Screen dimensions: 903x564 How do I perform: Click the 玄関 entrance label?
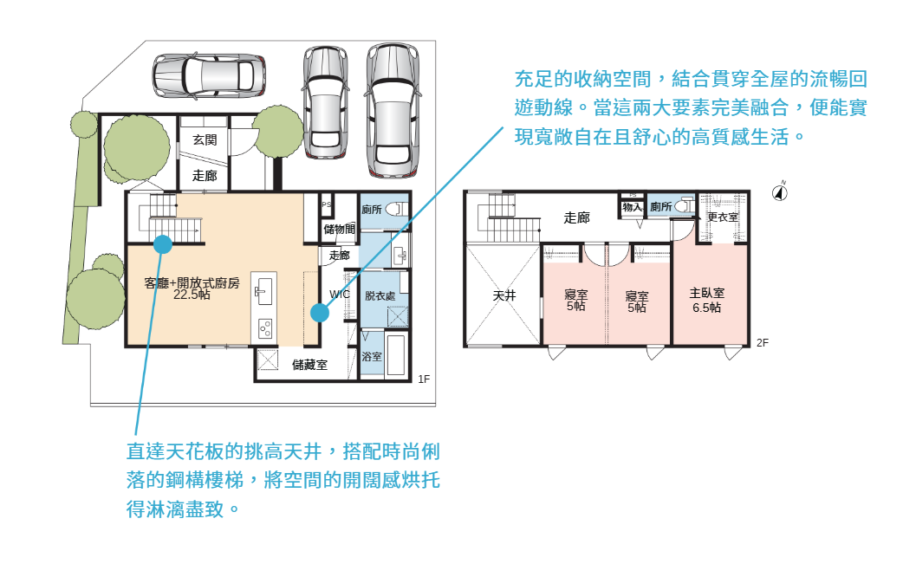205,139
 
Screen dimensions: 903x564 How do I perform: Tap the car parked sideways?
209,75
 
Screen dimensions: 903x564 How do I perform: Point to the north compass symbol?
780,192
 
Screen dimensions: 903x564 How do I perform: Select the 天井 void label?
503,295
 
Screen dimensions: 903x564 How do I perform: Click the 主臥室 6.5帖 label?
706,301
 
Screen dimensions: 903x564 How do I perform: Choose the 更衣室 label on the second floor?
723,217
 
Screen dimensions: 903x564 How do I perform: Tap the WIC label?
339,295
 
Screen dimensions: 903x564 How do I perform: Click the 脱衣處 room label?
380,295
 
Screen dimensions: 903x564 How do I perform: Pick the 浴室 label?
372,357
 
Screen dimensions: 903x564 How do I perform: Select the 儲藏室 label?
310,365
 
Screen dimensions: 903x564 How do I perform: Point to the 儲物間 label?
339,229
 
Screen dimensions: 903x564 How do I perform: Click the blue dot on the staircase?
163,244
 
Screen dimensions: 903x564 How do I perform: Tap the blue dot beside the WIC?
320,313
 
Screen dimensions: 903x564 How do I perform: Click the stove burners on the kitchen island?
265,329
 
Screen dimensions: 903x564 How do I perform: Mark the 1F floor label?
424,379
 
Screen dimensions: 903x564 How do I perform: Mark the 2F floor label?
763,343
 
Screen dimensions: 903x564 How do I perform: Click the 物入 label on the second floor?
633,207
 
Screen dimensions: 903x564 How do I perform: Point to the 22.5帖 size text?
192,295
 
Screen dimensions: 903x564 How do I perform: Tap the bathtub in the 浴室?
396,354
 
